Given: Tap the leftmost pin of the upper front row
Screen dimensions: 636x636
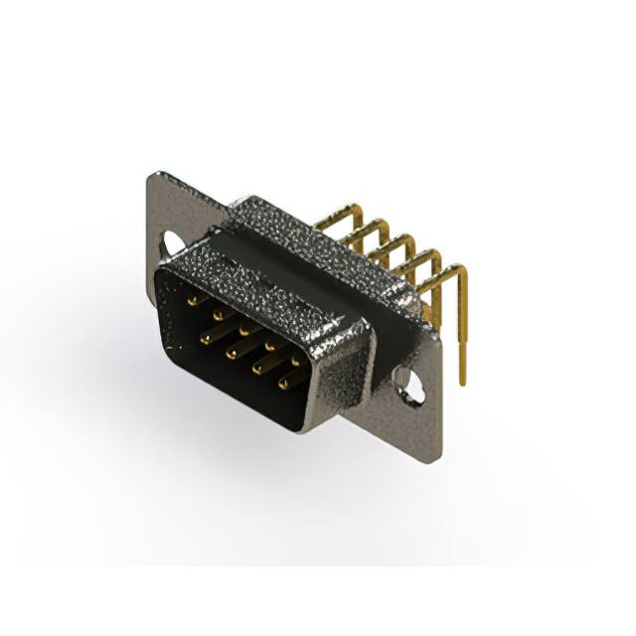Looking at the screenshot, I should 191,296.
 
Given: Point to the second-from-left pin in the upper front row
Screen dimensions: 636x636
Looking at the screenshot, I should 217,310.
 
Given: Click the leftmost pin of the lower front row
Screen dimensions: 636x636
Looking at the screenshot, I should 206,339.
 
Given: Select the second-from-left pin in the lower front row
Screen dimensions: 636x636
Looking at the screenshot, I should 231,352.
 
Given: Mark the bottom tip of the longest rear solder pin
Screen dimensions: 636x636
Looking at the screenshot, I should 462,382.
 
